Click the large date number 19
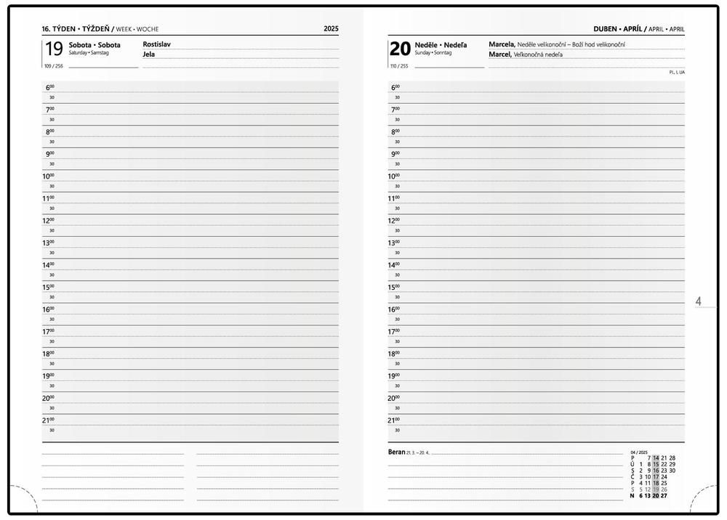[53, 49]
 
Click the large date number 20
[400, 49]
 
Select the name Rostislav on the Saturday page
[157, 44]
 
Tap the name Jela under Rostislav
[149, 54]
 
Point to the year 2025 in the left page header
[331, 29]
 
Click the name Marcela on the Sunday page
[502, 44]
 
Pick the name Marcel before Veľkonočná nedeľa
[499, 54]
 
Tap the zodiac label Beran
[396, 452]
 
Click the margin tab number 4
[699, 301]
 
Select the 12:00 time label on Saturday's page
[48, 221]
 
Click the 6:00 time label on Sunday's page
[395, 88]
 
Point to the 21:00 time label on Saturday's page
[48, 421]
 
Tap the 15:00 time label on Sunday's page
[395, 288]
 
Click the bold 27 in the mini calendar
[664, 495]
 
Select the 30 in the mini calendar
[672, 471]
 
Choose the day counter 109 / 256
[52, 66]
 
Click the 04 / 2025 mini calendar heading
[640, 452]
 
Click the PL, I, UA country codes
[677, 72]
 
